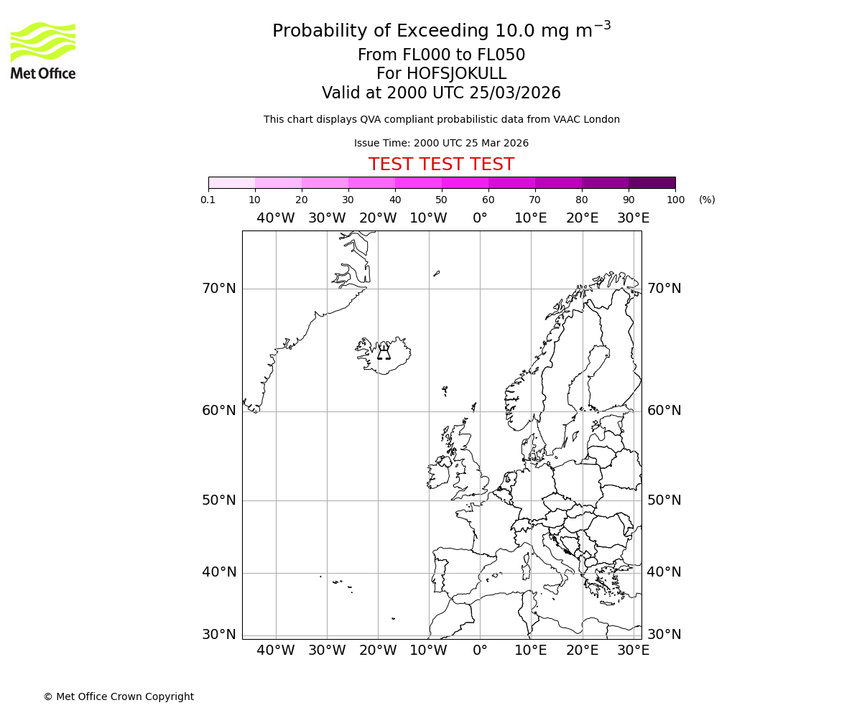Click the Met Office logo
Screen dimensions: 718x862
point(43,50)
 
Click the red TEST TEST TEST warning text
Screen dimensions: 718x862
point(441,164)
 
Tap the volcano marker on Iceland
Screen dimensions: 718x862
point(384,353)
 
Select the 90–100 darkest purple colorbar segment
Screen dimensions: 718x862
point(652,182)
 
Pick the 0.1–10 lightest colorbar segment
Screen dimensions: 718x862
point(231,182)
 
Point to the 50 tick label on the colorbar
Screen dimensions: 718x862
point(441,200)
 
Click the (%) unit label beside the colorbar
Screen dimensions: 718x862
point(707,200)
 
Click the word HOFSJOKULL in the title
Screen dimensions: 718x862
point(456,74)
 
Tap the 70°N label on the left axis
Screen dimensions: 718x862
point(218,289)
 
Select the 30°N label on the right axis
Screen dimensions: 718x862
point(664,635)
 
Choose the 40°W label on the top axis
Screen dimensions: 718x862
point(276,218)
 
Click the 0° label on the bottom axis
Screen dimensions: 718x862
point(480,651)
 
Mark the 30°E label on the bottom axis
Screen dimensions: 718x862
point(633,651)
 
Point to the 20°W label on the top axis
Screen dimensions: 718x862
point(378,218)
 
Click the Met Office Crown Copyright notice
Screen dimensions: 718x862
point(119,696)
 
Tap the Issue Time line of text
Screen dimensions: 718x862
point(441,143)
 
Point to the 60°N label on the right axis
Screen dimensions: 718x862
point(664,411)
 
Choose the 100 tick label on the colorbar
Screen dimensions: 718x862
point(675,200)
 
